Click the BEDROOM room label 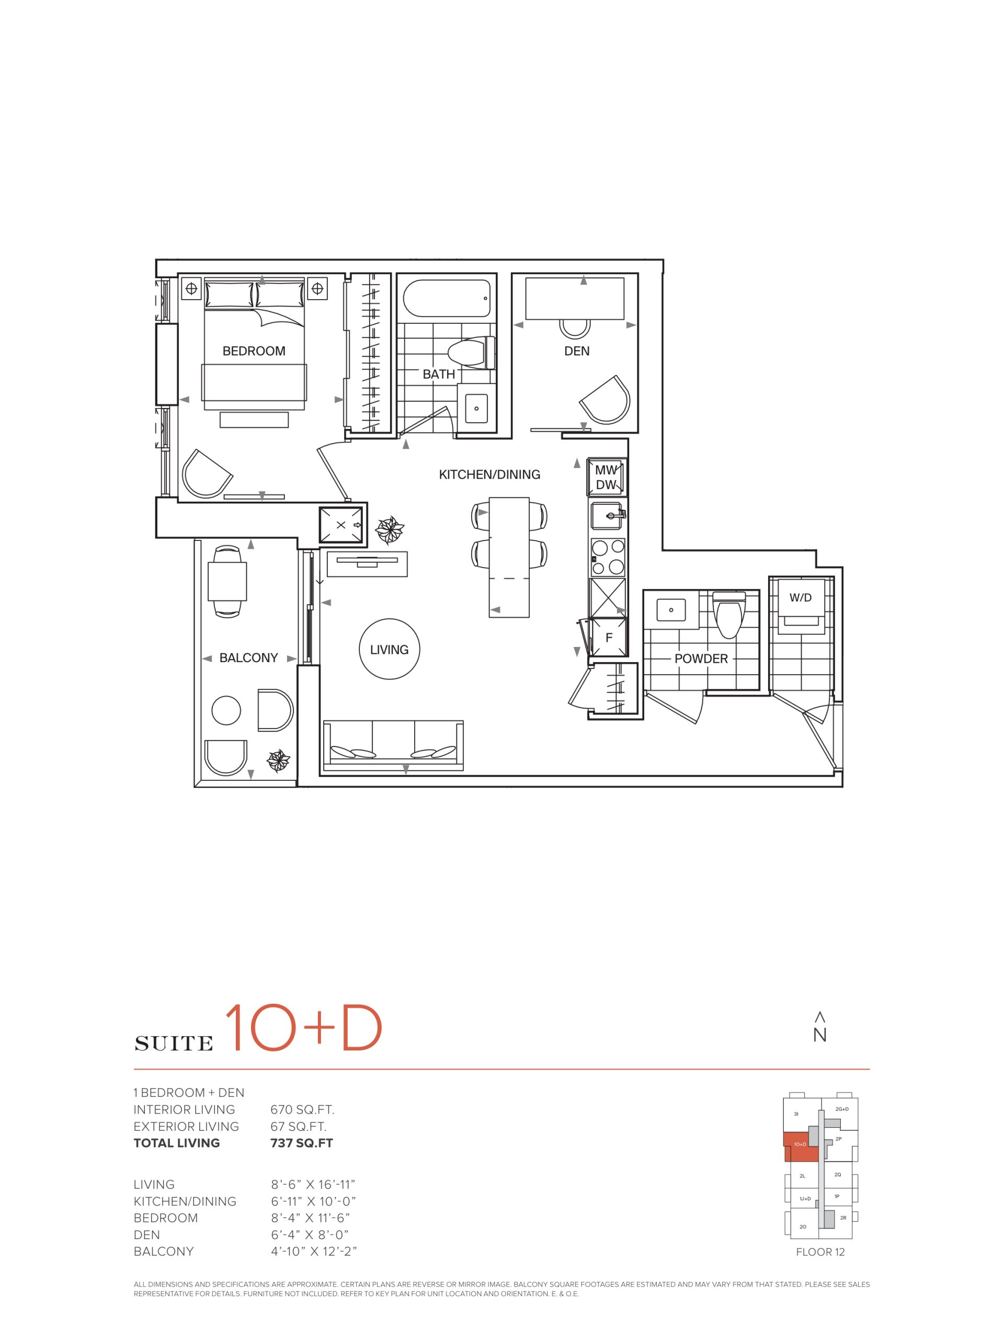coord(254,350)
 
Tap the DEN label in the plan coord(576,350)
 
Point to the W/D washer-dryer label coord(800,597)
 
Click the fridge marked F coord(608,637)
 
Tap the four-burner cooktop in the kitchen coord(608,557)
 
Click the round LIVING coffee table coord(389,649)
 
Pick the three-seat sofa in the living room coord(393,746)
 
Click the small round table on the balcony coord(226,711)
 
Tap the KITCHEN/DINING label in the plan coord(489,474)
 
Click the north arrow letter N coord(819,1036)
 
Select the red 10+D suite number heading coord(303,1028)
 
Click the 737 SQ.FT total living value coord(301,1143)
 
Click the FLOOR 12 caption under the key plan coord(820,1252)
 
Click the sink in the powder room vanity coord(670,609)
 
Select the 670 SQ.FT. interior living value coord(302,1109)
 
